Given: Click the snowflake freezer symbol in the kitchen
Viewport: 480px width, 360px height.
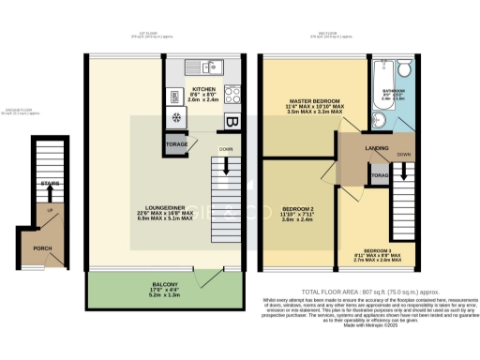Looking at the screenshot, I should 175,118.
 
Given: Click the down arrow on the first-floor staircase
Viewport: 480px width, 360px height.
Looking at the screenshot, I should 227,168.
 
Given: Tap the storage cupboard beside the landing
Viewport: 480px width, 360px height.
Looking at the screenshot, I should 379,175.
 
